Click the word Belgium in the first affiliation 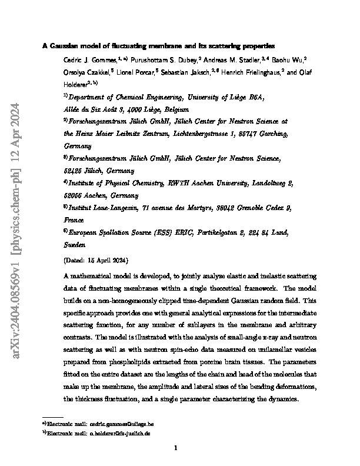pos(175,109)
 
